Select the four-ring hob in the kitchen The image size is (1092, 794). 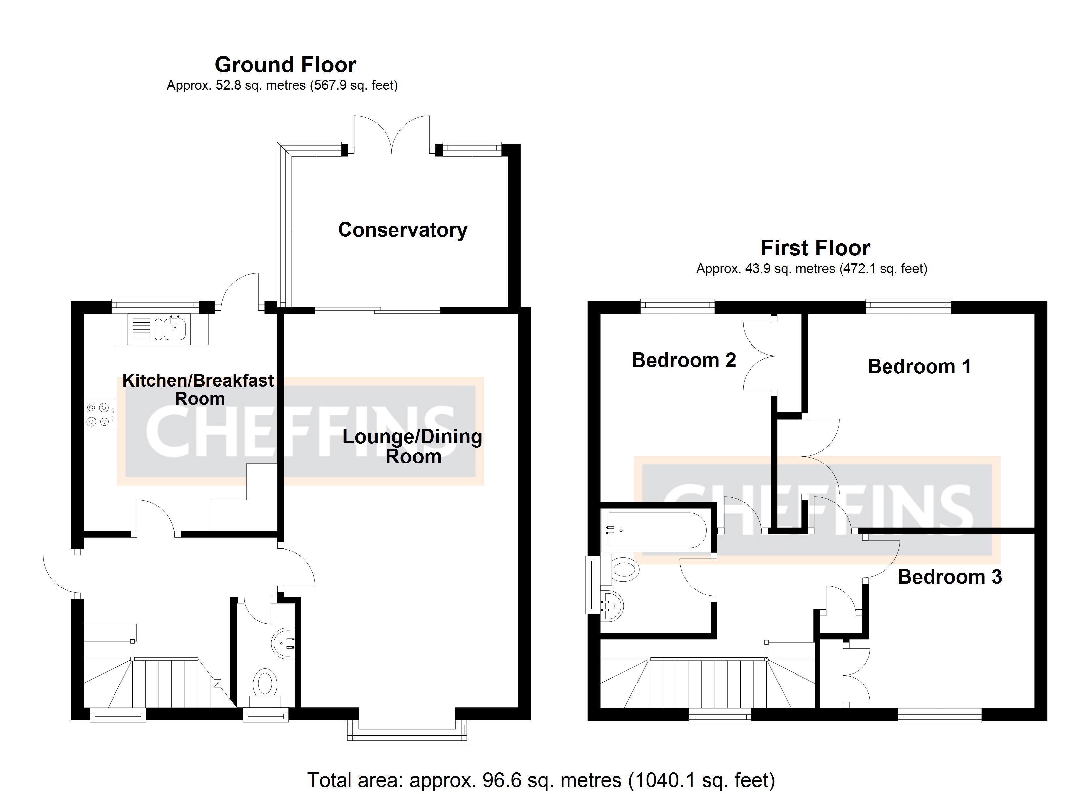(x=98, y=415)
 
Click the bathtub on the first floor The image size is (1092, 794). (x=657, y=530)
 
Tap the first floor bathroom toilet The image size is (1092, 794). (x=624, y=570)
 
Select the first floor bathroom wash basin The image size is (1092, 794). (x=613, y=606)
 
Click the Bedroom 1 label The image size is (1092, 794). (x=919, y=367)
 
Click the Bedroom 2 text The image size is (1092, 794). (x=683, y=360)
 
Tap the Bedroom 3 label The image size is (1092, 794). (x=949, y=577)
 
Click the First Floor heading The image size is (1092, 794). (x=815, y=248)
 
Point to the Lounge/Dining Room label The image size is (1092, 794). (x=412, y=446)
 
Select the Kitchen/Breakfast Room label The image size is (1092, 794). (x=198, y=389)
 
